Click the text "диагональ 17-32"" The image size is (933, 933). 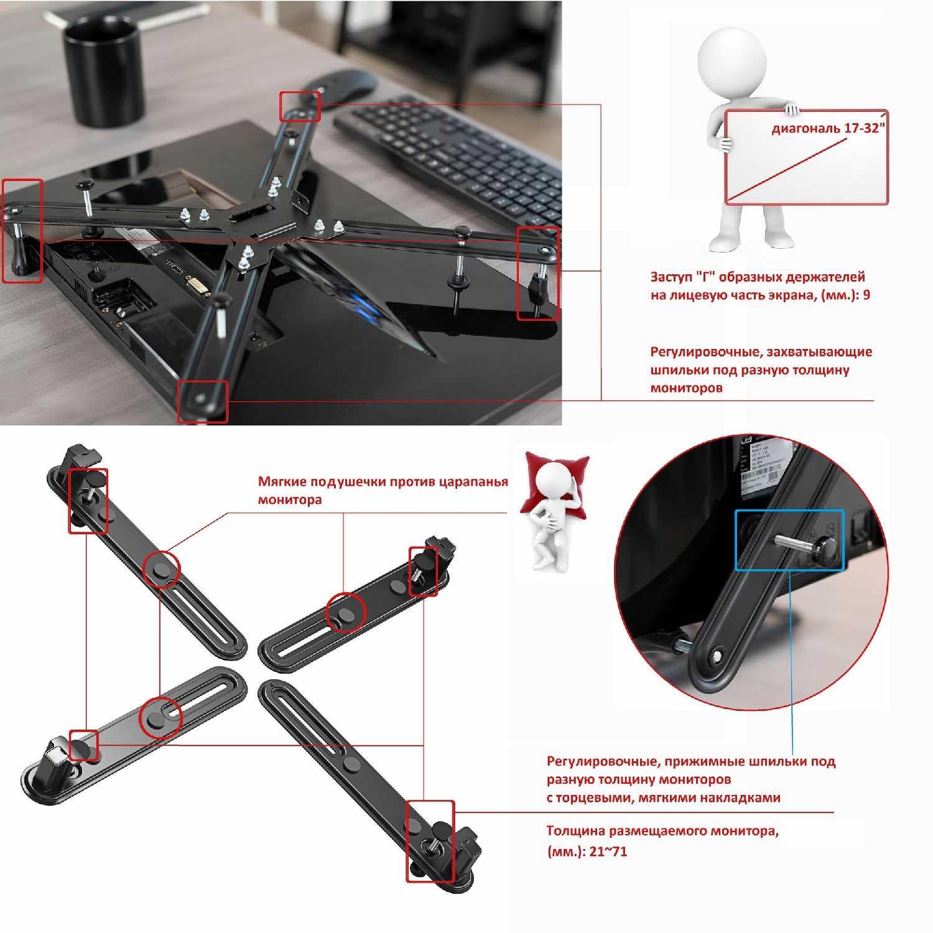pos(828,128)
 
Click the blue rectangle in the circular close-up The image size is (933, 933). pos(789,541)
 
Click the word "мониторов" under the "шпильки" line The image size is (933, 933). pos(686,388)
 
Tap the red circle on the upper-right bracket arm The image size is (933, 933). pos(346,613)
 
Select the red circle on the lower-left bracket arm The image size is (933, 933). pos(160,717)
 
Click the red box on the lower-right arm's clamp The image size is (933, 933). pos(430,841)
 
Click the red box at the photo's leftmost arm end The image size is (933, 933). pos(22,231)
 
